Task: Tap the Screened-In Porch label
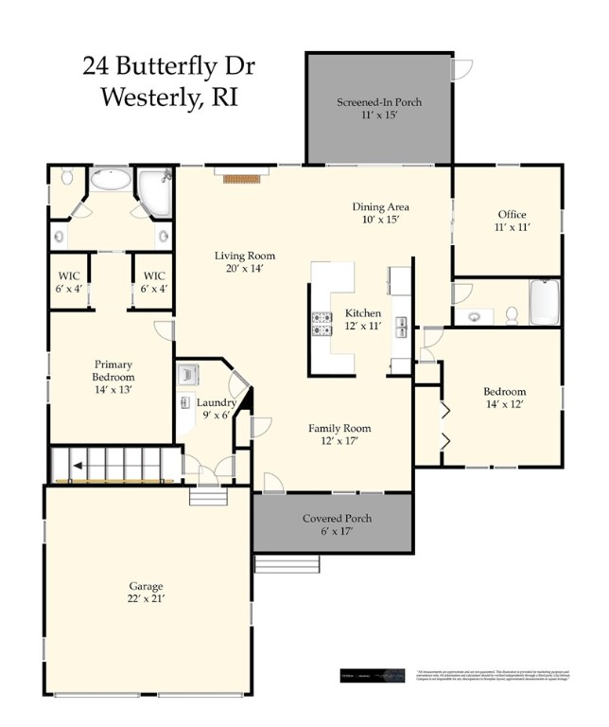(x=379, y=101)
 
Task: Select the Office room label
(x=512, y=214)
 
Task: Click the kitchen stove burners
(x=322, y=324)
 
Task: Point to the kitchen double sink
(x=401, y=327)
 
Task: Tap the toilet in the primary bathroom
(x=67, y=176)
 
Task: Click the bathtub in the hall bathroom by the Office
(x=544, y=303)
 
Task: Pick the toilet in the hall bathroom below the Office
(x=512, y=313)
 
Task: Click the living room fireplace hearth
(x=241, y=177)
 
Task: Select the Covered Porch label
(x=337, y=519)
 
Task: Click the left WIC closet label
(x=69, y=276)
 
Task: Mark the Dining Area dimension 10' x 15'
(x=380, y=220)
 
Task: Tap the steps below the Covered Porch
(x=287, y=564)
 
